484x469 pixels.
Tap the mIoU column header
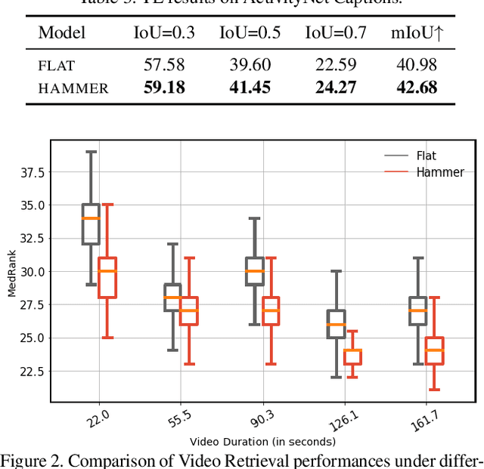click(416, 32)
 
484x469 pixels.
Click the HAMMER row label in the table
click(73, 88)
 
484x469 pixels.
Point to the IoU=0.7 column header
click(335, 32)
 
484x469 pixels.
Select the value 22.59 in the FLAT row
click(335, 66)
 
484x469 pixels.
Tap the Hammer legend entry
click(439, 172)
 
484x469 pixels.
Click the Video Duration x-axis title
click(262, 442)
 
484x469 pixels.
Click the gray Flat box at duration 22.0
click(91, 224)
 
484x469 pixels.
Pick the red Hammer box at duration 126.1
click(352, 356)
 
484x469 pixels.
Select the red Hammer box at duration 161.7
click(434, 350)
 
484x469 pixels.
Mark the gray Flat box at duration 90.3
click(255, 271)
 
